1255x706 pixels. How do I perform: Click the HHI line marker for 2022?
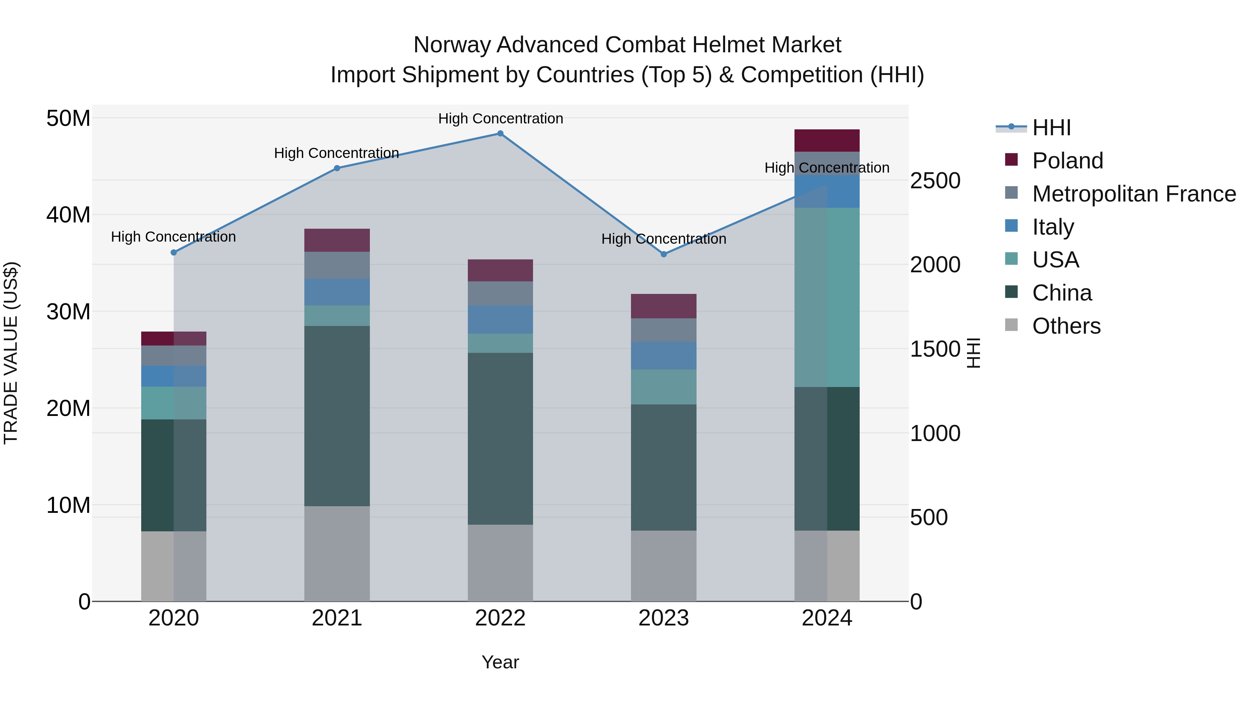pyautogui.click(x=500, y=134)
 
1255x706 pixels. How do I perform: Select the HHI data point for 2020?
pyautogui.click(x=174, y=252)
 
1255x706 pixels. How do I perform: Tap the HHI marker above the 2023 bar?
pyautogui.click(x=663, y=255)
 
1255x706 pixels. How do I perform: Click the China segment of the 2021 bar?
pyautogui.click(x=337, y=416)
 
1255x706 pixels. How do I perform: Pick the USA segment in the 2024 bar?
pyautogui.click(x=827, y=297)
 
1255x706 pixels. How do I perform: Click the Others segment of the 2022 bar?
pyautogui.click(x=500, y=563)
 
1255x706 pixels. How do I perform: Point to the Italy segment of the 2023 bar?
pyautogui.click(x=663, y=356)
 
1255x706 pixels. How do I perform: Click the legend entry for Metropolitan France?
pyautogui.click(x=1134, y=194)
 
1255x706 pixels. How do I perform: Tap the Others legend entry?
pyautogui.click(x=1066, y=326)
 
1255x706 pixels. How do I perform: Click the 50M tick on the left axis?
pyautogui.click(x=68, y=119)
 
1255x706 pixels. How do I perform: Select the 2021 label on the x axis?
pyautogui.click(x=337, y=618)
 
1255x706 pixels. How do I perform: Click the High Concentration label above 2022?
pyautogui.click(x=500, y=119)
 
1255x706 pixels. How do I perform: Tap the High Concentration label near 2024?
pyautogui.click(x=827, y=168)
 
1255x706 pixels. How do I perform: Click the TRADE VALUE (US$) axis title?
pyautogui.click(x=11, y=353)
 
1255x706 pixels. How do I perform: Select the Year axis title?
pyautogui.click(x=500, y=662)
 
